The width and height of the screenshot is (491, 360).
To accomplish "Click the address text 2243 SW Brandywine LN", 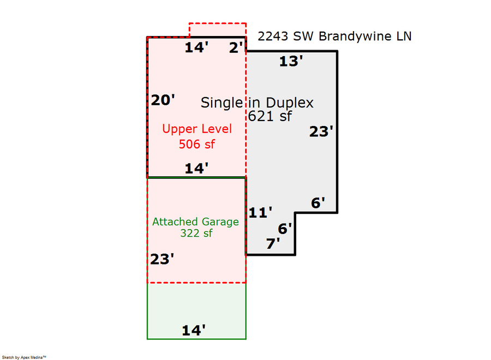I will tap(334, 37).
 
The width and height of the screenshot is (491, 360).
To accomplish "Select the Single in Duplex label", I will tap(257, 103).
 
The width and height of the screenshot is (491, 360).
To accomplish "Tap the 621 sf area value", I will tap(270, 116).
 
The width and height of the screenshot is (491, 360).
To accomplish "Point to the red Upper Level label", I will tap(197, 129).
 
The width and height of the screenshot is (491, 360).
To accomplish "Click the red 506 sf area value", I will tap(197, 144).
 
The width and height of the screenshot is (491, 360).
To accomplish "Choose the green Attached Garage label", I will tap(195, 222).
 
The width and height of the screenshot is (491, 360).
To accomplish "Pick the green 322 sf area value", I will tap(196, 233).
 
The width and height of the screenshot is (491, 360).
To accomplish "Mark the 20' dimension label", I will tap(163, 100).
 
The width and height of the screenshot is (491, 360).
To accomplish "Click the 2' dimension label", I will tap(236, 48).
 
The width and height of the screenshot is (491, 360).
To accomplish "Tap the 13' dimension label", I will tap(291, 62).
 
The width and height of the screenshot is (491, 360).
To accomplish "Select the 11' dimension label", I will tap(260, 213).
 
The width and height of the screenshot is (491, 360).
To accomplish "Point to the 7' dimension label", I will tap(273, 244).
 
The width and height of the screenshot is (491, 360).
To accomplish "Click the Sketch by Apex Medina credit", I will tap(24, 357).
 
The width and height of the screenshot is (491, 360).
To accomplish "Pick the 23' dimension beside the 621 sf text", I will tap(321, 131).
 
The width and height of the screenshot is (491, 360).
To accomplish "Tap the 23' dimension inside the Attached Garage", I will tap(162, 259).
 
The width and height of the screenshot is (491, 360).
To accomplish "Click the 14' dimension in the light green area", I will tap(194, 331).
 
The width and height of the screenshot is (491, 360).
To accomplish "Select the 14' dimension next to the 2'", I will tap(196, 48).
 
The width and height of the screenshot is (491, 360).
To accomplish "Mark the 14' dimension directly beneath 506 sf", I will tap(196, 169).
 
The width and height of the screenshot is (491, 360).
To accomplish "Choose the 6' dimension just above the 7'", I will tap(285, 229).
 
